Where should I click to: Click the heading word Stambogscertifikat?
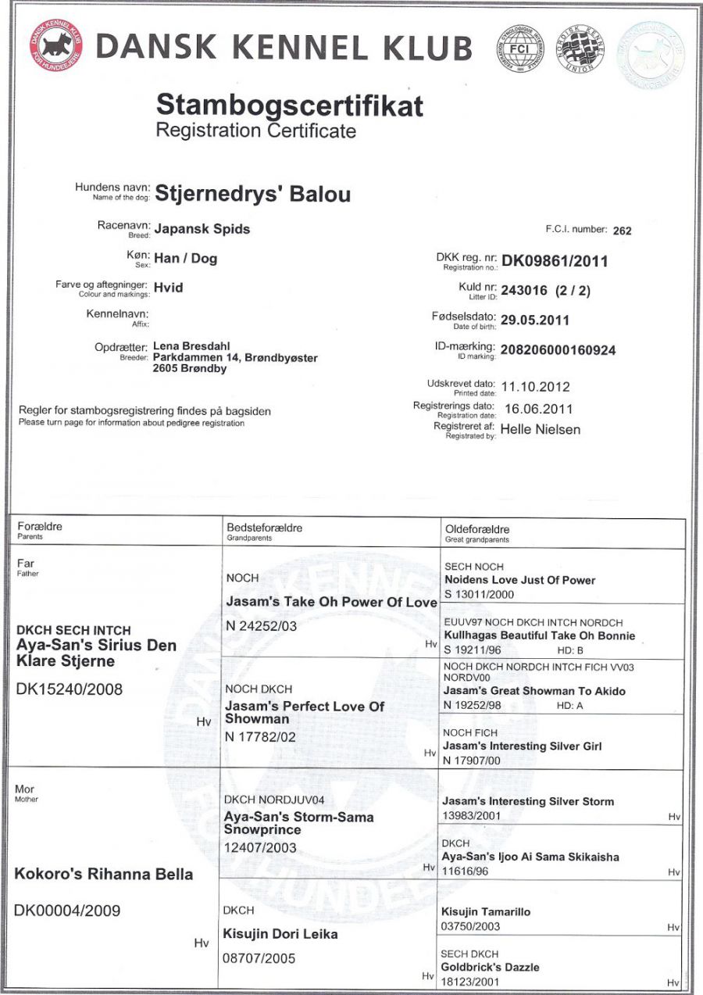[289, 104]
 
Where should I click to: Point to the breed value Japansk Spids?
[202, 229]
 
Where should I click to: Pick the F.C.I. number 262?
[623, 231]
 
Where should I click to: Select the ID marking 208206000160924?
[558, 350]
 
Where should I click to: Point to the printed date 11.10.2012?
[535, 386]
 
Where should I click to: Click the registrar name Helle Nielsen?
[540, 429]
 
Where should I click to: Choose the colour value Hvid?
[168, 288]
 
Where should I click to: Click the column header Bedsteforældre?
[264, 528]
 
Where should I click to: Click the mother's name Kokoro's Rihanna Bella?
[104, 874]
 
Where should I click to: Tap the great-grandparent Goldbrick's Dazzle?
[490, 967]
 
